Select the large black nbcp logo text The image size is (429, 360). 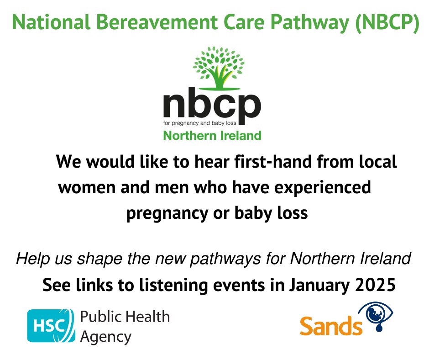click(212, 106)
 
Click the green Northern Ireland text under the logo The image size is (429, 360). click(212, 136)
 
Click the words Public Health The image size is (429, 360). click(125, 317)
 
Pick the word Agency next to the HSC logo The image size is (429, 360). click(105, 337)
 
